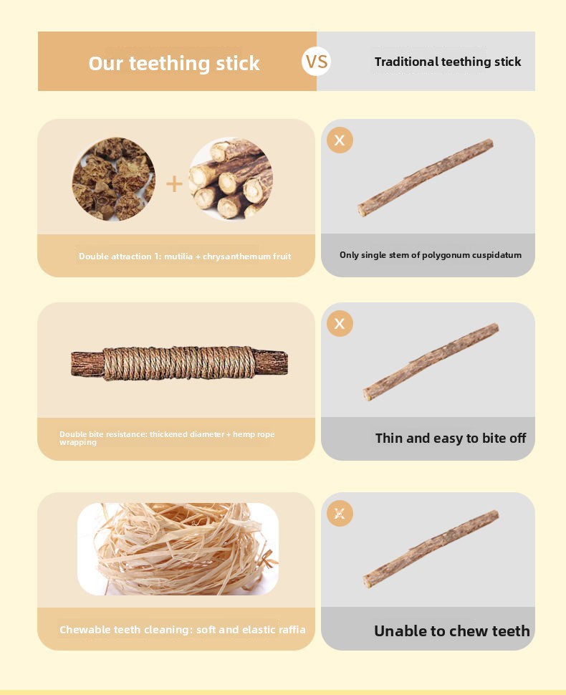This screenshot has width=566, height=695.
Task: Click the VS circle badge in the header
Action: coord(317,61)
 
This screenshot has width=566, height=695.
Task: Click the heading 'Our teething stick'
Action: coord(174,63)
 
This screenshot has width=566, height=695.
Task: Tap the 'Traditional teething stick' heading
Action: coord(448,62)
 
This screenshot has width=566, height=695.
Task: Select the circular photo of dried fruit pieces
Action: coord(113,178)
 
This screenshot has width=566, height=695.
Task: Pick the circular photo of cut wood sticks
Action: coord(231,178)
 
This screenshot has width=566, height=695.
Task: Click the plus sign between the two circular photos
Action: coord(174,184)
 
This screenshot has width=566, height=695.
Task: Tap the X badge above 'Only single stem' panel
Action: coord(340,140)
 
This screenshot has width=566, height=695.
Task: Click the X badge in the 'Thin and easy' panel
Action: coord(340,324)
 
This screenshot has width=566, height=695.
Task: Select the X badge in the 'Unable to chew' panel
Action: coord(340,513)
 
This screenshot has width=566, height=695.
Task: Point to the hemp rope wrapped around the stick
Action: coord(180,363)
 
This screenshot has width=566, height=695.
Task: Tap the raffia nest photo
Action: coord(178,549)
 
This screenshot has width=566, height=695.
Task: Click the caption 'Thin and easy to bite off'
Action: coord(451,438)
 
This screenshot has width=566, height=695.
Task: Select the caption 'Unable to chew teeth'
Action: coord(451,631)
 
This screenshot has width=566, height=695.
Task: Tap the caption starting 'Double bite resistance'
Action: coord(167,438)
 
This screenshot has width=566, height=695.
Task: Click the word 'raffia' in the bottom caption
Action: coord(291,629)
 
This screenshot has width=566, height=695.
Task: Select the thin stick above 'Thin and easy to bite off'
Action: coord(431,362)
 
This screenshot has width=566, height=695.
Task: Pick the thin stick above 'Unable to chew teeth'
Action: coord(431,549)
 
